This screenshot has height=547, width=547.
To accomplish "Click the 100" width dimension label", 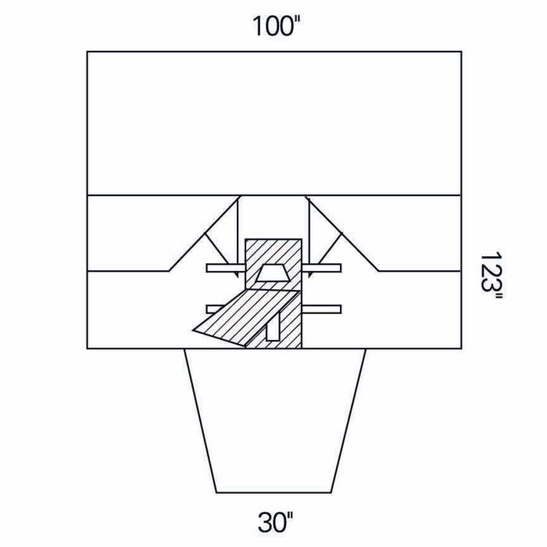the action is [x=276, y=26].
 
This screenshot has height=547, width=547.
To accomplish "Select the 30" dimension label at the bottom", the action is [x=275, y=522].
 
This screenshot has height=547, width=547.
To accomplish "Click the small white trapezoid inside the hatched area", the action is [x=273, y=273].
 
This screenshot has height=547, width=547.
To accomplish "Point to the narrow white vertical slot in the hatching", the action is [x=273, y=326].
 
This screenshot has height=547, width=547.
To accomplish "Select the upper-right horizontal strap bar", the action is [x=321, y=268].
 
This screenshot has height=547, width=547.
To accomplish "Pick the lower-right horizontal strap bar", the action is [x=321, y=309].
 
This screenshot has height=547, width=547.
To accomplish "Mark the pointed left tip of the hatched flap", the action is [x=193, y=330].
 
